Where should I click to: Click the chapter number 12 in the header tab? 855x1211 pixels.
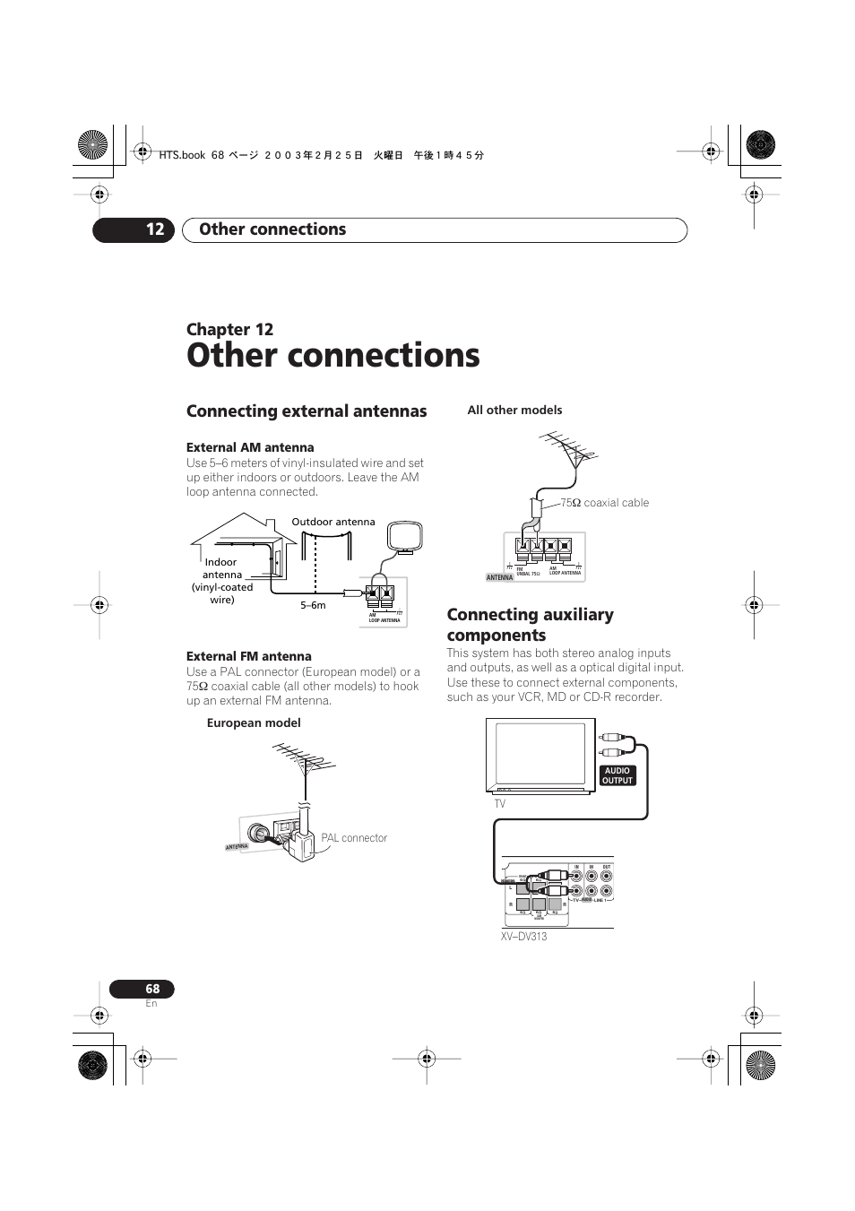[155, 229]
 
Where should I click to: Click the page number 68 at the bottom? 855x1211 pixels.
[152, 989]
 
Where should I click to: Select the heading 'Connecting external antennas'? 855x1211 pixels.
[307, 411]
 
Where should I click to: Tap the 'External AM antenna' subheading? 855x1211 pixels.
[250, 447]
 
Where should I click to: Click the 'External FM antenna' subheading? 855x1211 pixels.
[249, 656]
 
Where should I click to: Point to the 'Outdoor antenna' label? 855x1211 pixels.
[333, 522]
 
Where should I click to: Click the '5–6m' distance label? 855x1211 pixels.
[313, 605]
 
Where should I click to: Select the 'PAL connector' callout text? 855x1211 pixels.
[354, 838]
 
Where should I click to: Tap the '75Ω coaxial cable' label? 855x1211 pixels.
[604, 503]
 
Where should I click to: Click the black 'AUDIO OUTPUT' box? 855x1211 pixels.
[617, 775]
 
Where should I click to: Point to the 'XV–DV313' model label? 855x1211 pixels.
[523, 937]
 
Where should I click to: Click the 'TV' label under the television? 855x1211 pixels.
[499, 804]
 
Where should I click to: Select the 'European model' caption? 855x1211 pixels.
[254, 722]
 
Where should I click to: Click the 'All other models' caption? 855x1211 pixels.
[514, 410]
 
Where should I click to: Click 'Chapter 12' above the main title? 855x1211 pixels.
[229, 329]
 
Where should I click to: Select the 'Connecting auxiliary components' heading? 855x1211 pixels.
[531, 625]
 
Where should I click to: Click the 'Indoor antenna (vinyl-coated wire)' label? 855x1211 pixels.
[221, 581]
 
